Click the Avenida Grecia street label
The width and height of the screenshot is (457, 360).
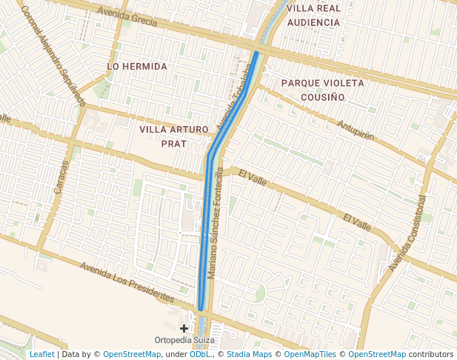pyautogui.click(x=127, y=18)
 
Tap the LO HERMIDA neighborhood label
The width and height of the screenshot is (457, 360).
pyautogui.click(x=137, y=67)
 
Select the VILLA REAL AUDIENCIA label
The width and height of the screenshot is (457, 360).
pyautogui.click(x=313, y=15)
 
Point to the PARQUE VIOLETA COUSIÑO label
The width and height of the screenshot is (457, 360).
pyautogui.click(x=323, y=90)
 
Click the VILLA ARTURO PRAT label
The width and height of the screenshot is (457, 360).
pyautogui.click(x=174, y=136)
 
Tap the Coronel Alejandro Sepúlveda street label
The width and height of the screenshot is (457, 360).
pyautogui.click(x=53, y=55)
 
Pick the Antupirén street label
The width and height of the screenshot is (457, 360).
pyautogui.click(x=356, y=130)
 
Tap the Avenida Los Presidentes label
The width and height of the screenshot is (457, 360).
pyautogui.click(x=127, y=282)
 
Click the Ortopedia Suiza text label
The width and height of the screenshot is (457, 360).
pyautogui.click(x=184, y=341)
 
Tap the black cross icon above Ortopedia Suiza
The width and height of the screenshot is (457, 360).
pyautogui.click(x=184, y=327)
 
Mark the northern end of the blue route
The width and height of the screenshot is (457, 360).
pyautogui.click(x=256, y=52)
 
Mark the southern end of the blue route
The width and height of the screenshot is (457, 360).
pyautogui.click(x=201, y=308)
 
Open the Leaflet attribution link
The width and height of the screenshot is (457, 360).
pyautogui.click(x=41, y=355)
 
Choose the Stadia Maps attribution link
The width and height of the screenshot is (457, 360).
pyautogui.click(x=249, y=355)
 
